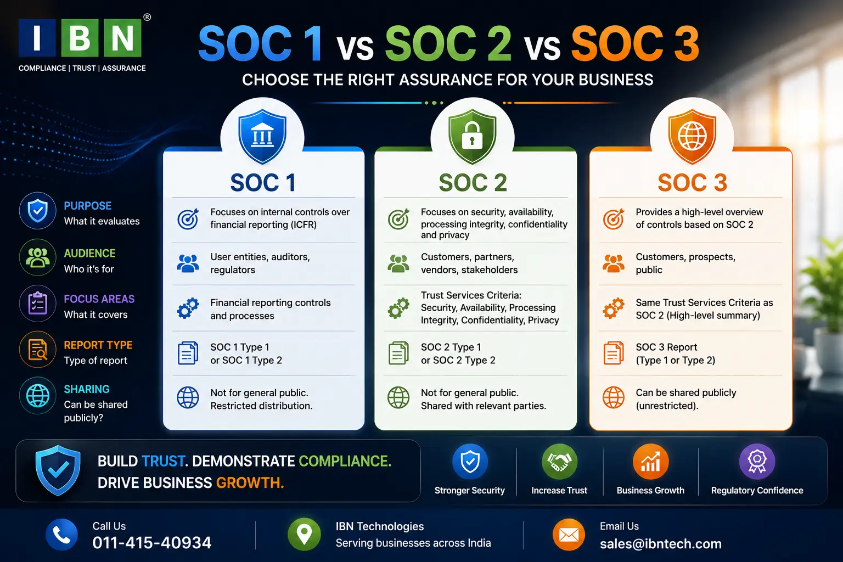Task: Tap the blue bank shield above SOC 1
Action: point(262,136)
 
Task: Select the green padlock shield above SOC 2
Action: point(473,136)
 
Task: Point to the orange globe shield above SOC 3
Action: point(692,136)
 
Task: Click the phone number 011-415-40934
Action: point(152,543)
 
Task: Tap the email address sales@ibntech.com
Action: point(660,543)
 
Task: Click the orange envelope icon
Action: point(569,535)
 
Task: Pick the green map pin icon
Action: point(304,535)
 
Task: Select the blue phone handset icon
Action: point(61,535)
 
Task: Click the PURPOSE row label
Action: point(88,206)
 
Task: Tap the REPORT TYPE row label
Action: point(98,345)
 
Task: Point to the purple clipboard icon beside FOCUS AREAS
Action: point(38,304)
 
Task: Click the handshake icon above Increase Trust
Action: point(559,462)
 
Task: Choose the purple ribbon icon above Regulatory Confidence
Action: point(757,462)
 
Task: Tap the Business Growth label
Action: point(650,491)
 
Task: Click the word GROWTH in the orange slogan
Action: point(250,483)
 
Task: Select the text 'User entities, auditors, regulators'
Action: point(260,263)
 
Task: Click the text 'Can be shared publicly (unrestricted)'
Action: point(685,399)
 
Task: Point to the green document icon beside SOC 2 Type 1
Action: point(398,353)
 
